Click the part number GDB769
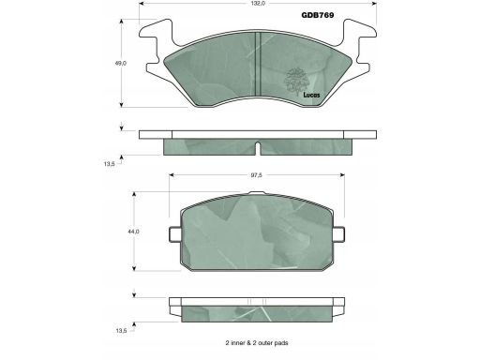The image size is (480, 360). tap(318, 15)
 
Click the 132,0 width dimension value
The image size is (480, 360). tap(259, 4)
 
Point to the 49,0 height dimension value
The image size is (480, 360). tap(120, 63)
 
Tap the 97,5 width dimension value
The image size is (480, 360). tap(256, 175)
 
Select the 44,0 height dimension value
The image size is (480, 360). tap(133, 232)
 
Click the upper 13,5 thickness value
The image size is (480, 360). tap(110, 164)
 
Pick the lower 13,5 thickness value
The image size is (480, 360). tap(121, 331)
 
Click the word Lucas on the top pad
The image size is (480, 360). tap(311, 95)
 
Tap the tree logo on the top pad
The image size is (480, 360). tap(295, 82)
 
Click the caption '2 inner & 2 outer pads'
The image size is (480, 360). tap(257, 343)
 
